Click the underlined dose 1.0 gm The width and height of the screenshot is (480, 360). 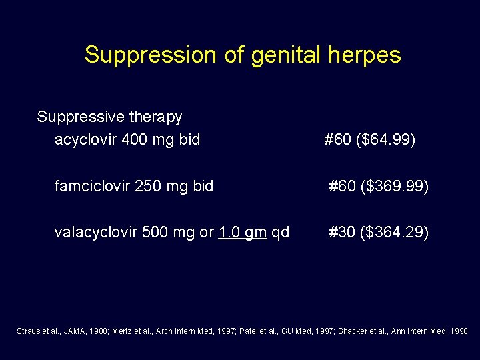click(x=243, y=232)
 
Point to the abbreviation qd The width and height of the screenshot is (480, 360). click(x=281, y=232)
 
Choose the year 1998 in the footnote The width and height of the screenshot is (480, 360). click(x=459, y=331)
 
